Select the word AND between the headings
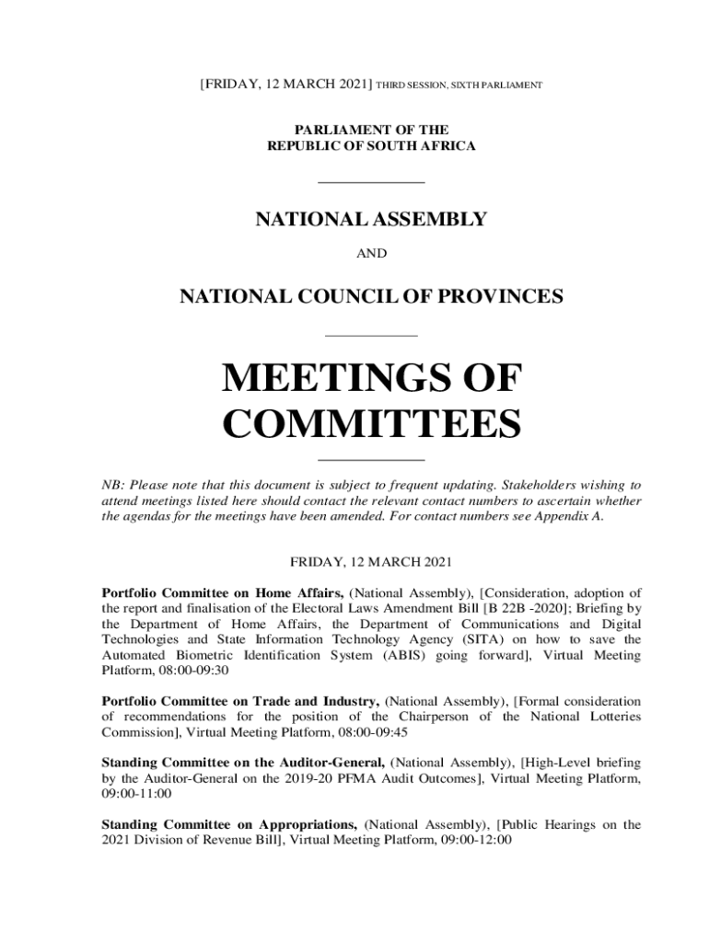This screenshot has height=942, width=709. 371,253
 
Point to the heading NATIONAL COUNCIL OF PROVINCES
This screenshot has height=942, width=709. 370,297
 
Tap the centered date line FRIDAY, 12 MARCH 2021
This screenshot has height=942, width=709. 371,560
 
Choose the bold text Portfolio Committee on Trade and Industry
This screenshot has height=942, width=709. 240,701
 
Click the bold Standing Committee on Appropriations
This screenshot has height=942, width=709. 229,825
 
